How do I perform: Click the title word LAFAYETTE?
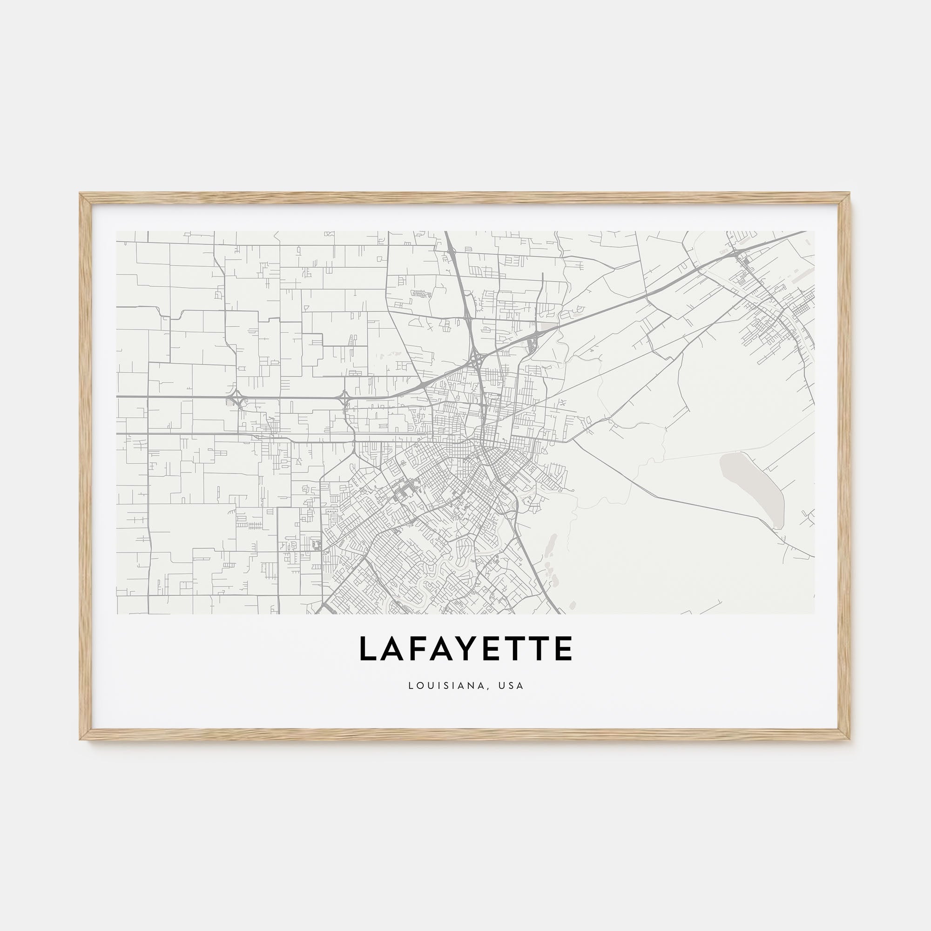[x=465, y=648]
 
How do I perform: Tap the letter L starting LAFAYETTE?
[x=368, y=648]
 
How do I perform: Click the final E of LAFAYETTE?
[x=564, y=648]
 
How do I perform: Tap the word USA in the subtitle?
[x=511, y=685]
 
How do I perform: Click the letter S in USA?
[x=511, y=685]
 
